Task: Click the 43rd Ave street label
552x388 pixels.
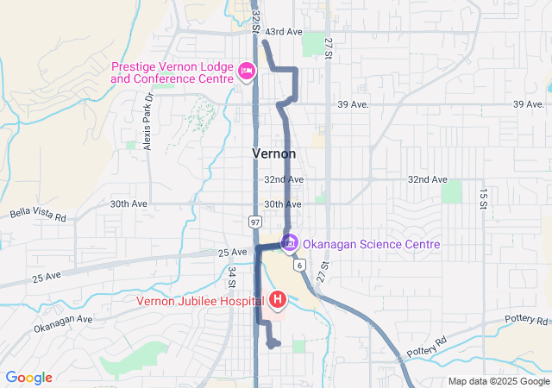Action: pyautogui.click(x=283, y=32)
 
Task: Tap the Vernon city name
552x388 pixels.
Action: pyautogui.click(x=274, y=153)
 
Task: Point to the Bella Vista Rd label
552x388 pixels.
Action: pyautogui.click(x=38, y=215)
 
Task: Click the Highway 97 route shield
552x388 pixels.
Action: pyautogui.click(x=256, y=222)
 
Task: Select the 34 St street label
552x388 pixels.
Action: pyautogui.click(x=232, y=276)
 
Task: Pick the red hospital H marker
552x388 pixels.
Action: pyautogui.click(x=279, y=300)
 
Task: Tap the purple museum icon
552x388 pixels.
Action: pyautogui.click(x=290, y=244)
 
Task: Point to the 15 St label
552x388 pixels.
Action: pyautogui.click(x=484, y=198)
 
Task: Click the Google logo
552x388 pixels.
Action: pyautogui.click(x=28, y=378)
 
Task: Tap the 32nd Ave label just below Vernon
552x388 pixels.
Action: pyautogui.click(x=283, y=179)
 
